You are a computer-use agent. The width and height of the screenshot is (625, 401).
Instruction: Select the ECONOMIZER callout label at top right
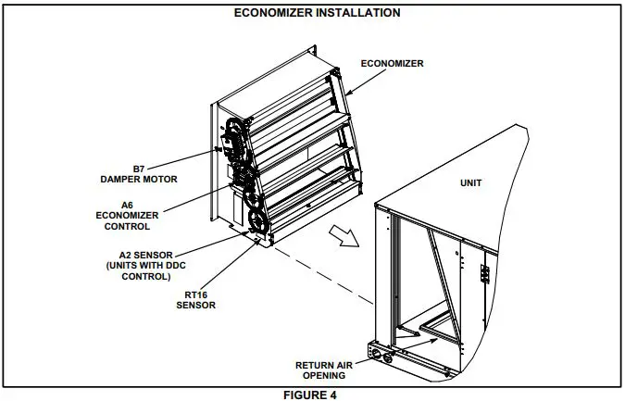(x=392, y=64)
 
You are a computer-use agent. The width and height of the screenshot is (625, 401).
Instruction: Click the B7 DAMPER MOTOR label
(x=138, y=173)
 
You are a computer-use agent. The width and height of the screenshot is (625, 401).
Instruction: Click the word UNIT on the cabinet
(x=471, y=182)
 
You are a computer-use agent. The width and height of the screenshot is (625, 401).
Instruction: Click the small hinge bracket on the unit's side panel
(x=482, y=274)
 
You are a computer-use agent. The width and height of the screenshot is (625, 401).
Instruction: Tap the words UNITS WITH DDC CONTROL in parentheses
(x=139, y=271)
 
